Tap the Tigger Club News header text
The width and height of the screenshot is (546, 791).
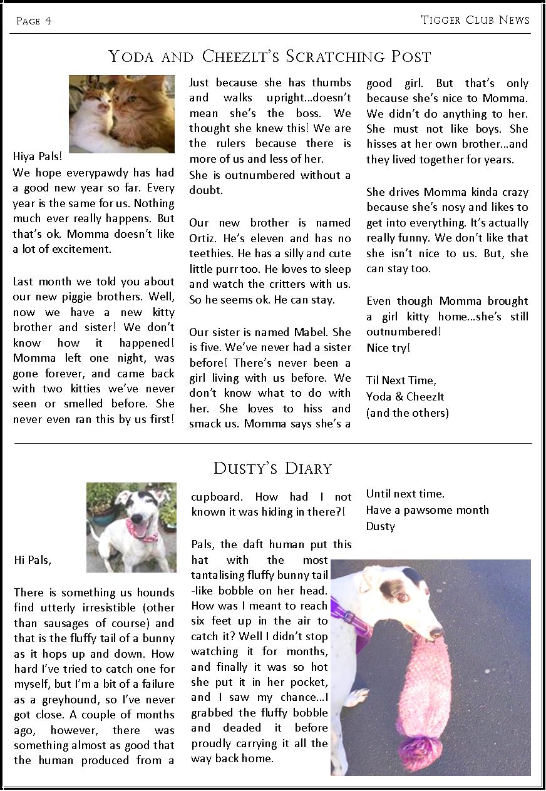(x=475, y=20)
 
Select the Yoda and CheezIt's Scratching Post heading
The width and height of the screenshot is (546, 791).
(x=270, y=57)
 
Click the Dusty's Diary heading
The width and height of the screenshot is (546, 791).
(x=272, y=468)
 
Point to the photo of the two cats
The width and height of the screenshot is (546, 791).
(x=121, y=114)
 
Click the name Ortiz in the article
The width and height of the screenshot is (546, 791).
(x=203, y=238)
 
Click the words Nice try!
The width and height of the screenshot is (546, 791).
(x=388, y=347)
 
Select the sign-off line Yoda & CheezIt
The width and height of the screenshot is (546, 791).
(x=405, y=396)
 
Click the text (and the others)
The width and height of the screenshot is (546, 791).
(x=408, y=412)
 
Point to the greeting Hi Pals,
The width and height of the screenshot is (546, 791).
(x=33, y=560)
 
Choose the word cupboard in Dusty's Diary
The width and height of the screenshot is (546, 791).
(x=216, y=497)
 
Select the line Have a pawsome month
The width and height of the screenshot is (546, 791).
(x=428, y=510)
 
